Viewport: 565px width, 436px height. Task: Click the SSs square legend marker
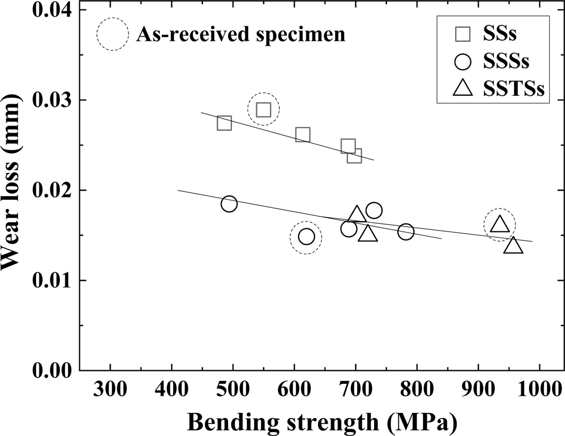[463, 34]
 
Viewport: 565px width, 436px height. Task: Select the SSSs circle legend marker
[463, 61]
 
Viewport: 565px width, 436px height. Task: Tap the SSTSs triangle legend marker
[463, 88]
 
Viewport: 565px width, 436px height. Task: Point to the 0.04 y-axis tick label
[53, 10]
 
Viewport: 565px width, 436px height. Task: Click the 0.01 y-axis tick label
[53, 280]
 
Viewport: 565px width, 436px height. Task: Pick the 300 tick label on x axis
[110, 389]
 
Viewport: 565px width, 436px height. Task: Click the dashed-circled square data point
[263, 109]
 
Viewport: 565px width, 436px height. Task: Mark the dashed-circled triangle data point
[500, 225]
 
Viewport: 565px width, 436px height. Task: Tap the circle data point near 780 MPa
[406, 232]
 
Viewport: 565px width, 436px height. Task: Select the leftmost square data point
[224, 123]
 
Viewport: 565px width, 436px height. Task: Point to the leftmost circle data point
[229, 204]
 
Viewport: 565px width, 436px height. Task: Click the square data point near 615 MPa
[302, 135]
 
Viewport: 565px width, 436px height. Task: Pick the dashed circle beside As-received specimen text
[113, 34]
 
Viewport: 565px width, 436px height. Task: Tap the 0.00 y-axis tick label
[53, 370]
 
